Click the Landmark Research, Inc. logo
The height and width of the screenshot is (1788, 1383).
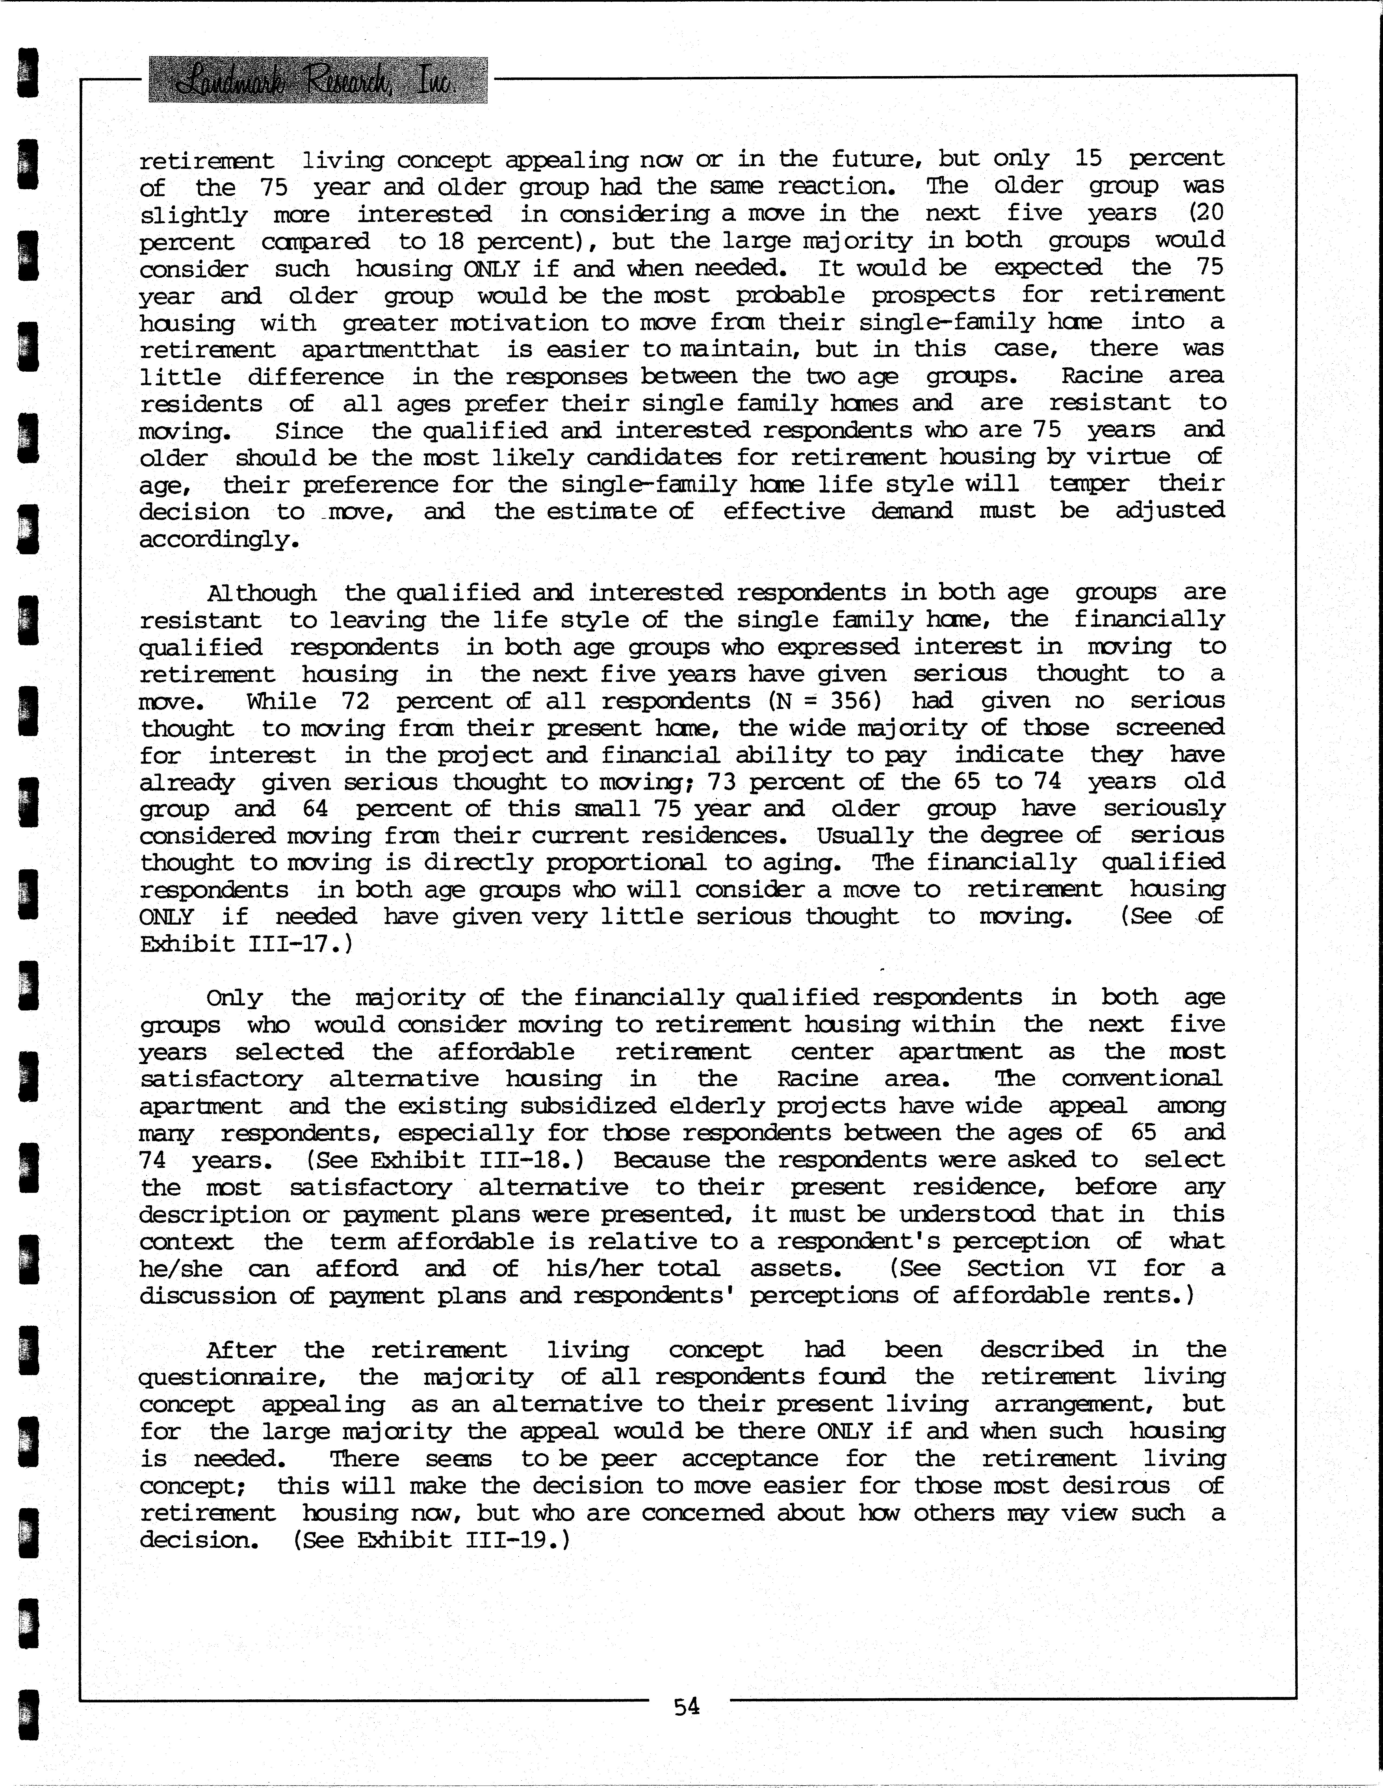click(x=318, y=80)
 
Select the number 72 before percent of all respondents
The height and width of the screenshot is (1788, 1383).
click(x=356, y=702)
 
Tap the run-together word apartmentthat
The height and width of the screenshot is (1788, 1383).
click(x=390, y=349)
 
